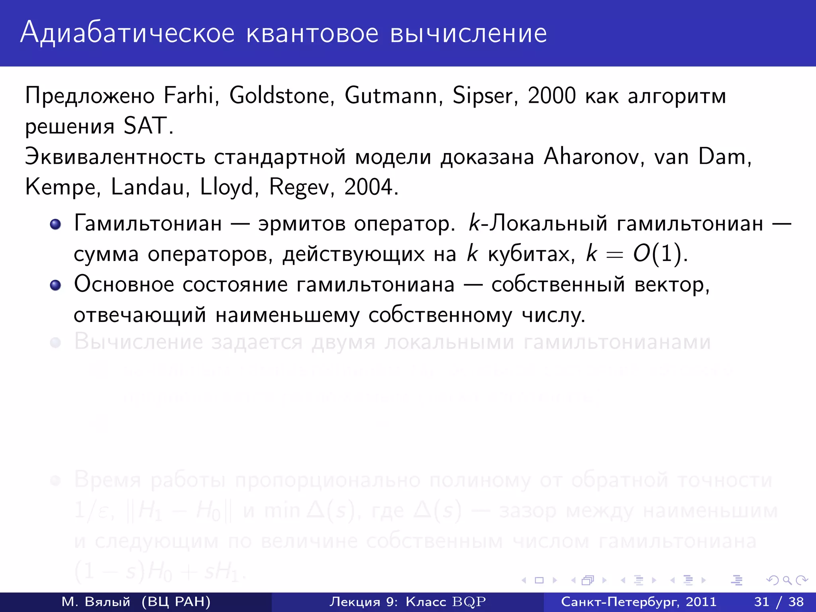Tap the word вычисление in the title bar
[469, 33]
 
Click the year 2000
[552, 96]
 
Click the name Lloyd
[227, 187]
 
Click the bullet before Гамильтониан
[55, 224]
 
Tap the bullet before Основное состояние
[55, 285]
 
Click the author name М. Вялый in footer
[96, 602]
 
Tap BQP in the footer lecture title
[469, 602]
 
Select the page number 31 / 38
[779, 602]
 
